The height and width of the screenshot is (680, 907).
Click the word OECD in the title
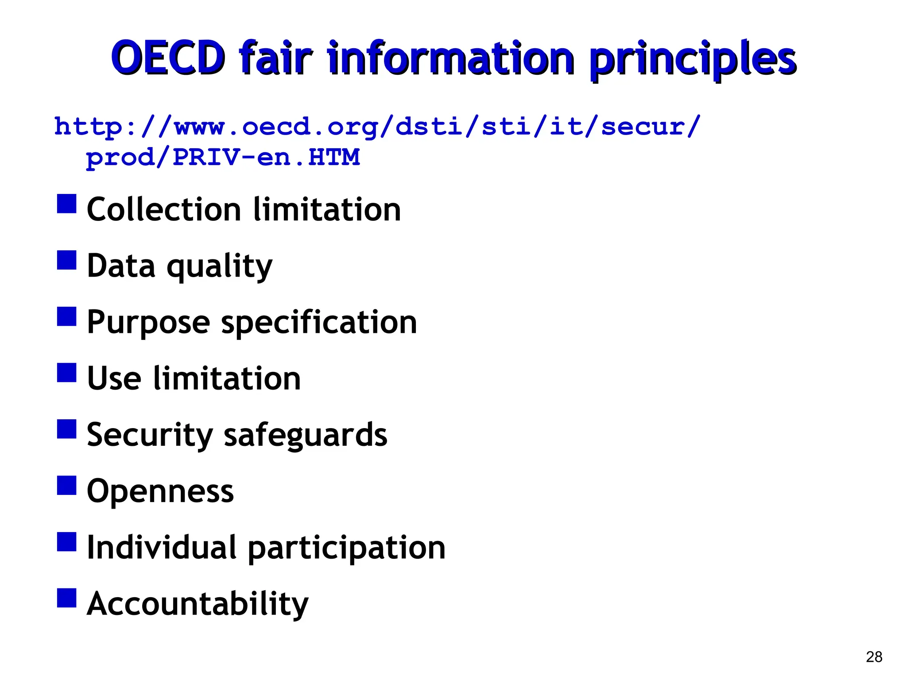[168, 58]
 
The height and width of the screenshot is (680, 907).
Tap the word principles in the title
[693, 60]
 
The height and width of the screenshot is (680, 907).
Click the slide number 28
[874, 657]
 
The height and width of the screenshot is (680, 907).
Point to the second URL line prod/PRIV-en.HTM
[223, 158]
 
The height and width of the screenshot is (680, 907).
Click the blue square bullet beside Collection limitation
[66, 204]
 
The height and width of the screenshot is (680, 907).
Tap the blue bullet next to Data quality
[66, 260]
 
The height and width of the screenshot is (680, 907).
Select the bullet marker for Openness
[66, 485]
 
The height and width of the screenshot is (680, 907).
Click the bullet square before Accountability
[66, 598]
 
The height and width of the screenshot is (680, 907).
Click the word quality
[220, 267]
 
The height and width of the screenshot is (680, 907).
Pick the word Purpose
[148, 322]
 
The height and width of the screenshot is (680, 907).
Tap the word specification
[319, 323]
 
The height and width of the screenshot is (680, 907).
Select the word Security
[150, 436]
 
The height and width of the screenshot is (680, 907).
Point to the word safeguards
[306, 436]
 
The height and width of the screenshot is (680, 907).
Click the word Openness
[160, 491]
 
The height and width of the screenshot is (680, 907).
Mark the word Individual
[162, 548]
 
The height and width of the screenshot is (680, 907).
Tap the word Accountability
[198, 604]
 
